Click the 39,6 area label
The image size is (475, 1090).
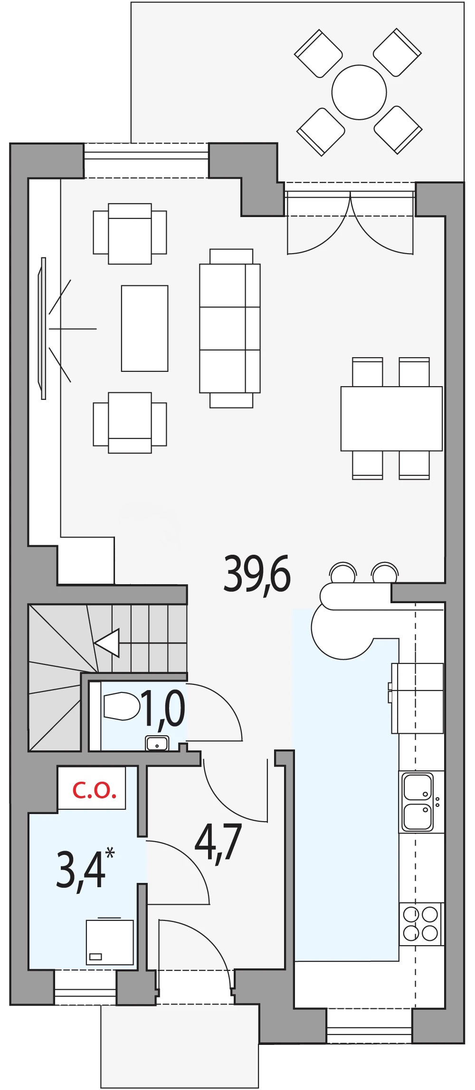(257, 574)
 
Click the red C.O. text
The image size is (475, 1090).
(94, 791)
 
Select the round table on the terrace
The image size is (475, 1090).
(359, 92)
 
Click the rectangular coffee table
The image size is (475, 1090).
(144, 328)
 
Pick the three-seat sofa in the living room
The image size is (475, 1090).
(230, 328)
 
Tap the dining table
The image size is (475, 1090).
(391, 418)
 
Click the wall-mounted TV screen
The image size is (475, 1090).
(43, 328)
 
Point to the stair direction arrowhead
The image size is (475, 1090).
(107, 643)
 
